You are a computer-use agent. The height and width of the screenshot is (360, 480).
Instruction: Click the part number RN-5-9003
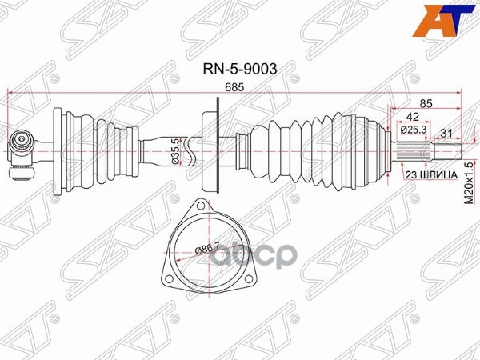(x=240, y=69)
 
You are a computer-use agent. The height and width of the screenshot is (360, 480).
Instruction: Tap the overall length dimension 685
(x=234, y=87)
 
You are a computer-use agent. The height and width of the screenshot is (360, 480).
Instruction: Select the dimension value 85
(x=426, y=104)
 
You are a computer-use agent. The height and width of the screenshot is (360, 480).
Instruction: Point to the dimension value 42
(x=412, y=117)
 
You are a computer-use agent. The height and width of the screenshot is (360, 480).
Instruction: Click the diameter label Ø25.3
(x=414, y=130)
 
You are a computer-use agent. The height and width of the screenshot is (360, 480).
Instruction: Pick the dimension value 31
(x=446, y=133)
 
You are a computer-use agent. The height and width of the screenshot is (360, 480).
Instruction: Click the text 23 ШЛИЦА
(x=431, y=175)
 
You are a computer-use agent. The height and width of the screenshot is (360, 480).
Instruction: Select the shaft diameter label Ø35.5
(x=176, y=151)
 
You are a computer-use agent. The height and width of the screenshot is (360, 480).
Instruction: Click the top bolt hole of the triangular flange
(x=200, y=204)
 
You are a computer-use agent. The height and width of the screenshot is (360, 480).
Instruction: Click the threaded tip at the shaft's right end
(x=446, y=151)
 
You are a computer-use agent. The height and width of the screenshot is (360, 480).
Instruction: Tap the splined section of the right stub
(x=412, y=151)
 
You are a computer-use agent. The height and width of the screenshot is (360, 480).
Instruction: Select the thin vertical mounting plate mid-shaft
(x=218, y=145)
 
